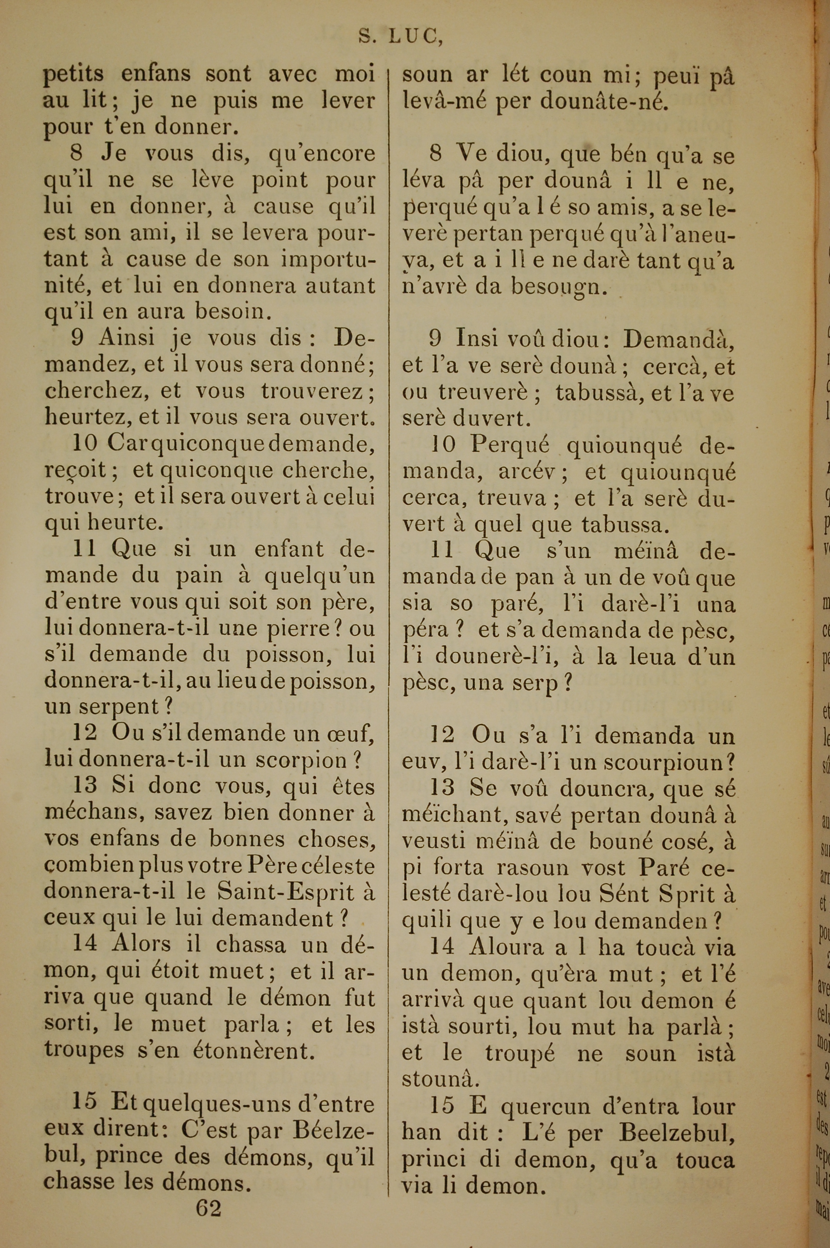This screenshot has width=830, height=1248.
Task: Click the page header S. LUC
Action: pos(400,36)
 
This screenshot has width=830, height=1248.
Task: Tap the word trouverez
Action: pos(312,391)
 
